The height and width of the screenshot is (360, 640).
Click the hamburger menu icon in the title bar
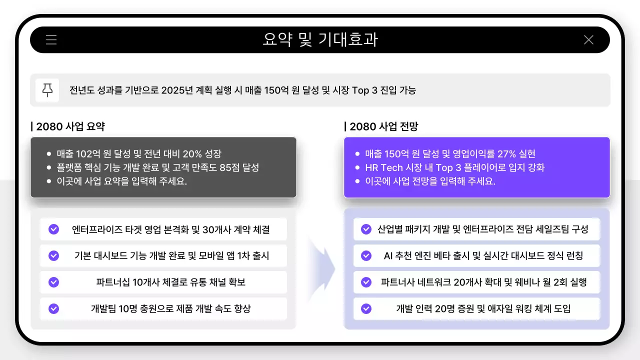tap(51, 40)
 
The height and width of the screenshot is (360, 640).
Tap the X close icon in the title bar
tap(588, 40)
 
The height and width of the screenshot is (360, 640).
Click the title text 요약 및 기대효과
tap(320, 40)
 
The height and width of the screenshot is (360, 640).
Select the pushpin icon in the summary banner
tap(47, 90)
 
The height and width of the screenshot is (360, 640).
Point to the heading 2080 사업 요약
tap(70, 126)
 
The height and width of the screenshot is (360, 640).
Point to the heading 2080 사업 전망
tap(383, 126)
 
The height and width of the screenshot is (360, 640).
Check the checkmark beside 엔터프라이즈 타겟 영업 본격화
tap(53, 229)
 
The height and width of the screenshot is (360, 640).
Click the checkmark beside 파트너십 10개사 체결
tap(53, 282)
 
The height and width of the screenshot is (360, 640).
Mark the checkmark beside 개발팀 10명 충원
tap(53, 309)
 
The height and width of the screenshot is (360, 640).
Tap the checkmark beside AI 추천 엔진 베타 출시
tap(366, 256)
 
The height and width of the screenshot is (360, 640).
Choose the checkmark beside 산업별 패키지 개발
tap(366, 229)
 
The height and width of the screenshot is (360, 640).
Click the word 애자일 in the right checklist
tap(500, 309)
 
